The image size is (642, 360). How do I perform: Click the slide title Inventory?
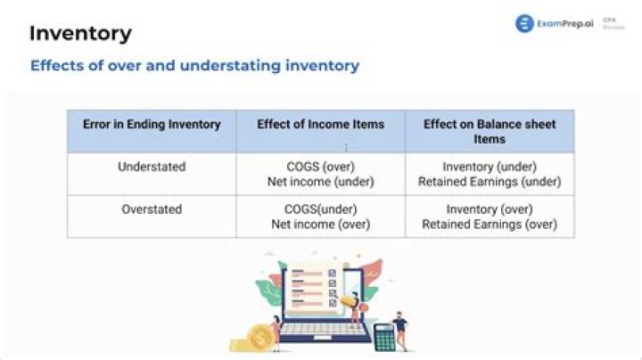(x=80, y=34)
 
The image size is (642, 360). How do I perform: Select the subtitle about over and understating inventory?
(x=194, y=66)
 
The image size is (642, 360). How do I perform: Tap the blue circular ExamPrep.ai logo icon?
(x=524, y=24)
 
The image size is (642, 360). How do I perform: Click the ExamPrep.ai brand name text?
(x=564, y=24)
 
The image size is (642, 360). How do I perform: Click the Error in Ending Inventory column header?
(x=152, y=125)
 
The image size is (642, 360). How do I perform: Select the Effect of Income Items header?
(x=320, y=125)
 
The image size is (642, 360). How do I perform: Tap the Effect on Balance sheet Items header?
(x=490, y=132)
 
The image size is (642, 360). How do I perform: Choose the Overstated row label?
(x=152, y=209)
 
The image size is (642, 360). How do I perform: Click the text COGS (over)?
(x=320, y=167)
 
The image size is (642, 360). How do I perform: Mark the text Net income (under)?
(x=320, y=182)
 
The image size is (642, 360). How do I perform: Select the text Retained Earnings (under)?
(x=490, y=182)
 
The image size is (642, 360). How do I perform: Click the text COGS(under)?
(x=320, y=209)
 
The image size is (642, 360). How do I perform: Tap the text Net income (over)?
(x=320, y=225)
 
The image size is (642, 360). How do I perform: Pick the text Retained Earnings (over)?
(x=490, y=225)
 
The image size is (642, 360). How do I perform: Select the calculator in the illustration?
(x=384, y=337)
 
